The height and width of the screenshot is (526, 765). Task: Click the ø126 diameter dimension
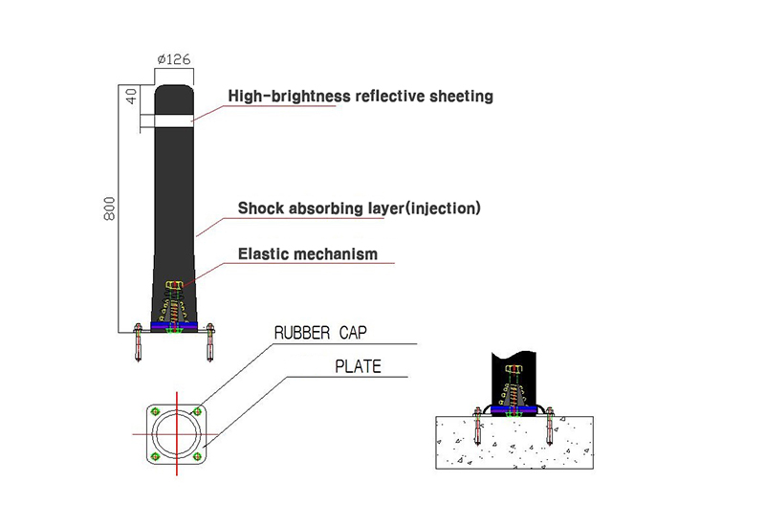[x=174, y=59]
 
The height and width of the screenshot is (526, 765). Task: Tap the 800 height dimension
[x=110, y=208]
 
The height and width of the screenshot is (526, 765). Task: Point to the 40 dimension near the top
[x=132, y=97]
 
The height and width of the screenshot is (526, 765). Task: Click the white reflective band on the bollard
[x=174, y=121]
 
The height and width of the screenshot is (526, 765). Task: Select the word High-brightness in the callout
[x=290, y=97]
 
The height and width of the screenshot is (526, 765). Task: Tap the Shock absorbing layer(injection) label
[x=360, y=208]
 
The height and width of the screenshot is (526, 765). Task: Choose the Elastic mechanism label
[x=308, y=253]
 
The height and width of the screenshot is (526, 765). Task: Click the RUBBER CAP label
[x=320, y=333]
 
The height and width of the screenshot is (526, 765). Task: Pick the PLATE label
[x=358, y=366]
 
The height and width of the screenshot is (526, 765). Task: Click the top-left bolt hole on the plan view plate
[x=156, y=411]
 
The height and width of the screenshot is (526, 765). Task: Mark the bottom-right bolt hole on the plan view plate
[x=197, y=457]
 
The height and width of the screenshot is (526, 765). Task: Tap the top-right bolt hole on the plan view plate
[x=197, y=411]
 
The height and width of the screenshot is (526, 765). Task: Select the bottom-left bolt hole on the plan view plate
[x=156, y=457]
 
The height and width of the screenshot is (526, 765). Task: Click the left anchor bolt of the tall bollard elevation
[x=138, y=342]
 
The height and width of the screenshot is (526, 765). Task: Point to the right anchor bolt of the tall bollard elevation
[x=210, y=342]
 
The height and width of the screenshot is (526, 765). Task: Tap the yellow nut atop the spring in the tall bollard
[x=174, y=284]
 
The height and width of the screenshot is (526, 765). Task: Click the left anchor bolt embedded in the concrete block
[x=477, y=427]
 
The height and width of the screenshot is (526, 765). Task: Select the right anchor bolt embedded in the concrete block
[x=550, y=427]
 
